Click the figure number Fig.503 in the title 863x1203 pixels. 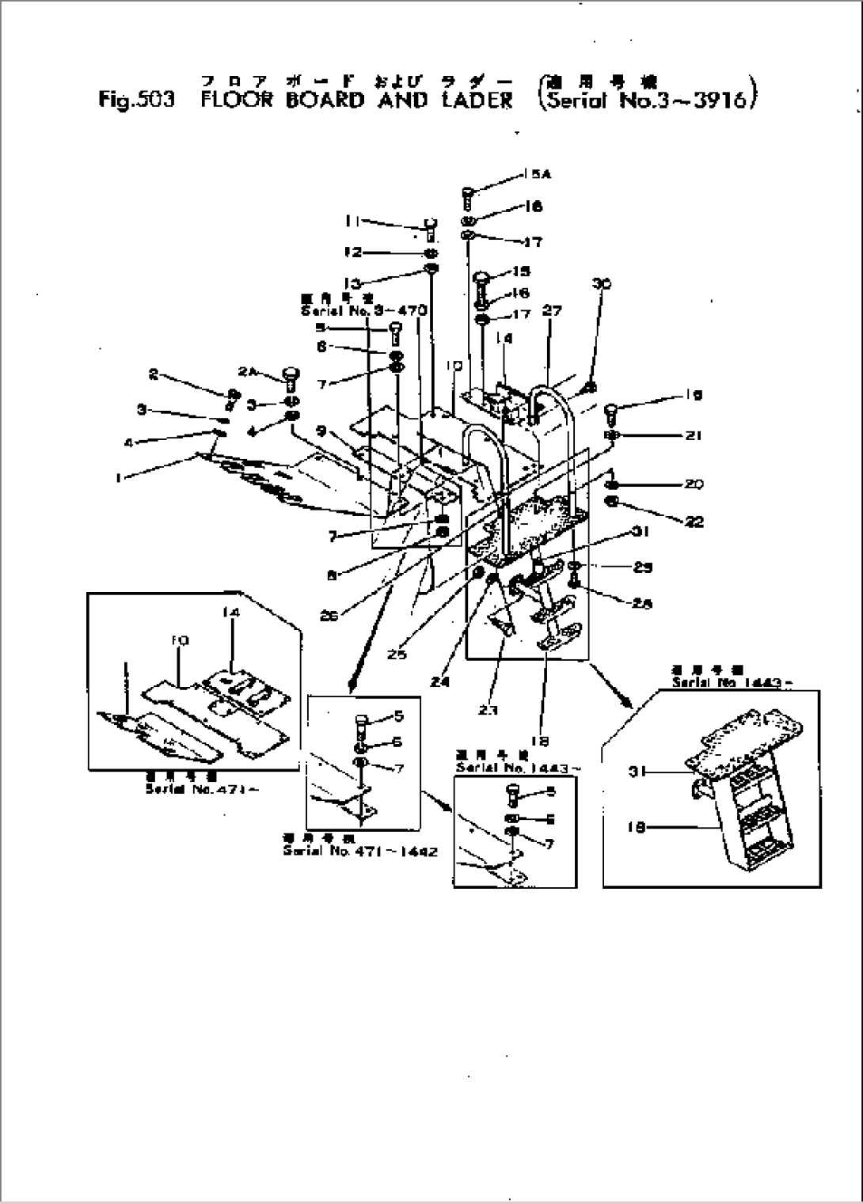point(135,101)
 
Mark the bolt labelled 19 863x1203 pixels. point(610,411)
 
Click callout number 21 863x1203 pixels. point(694,435)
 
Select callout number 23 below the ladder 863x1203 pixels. point(488,710)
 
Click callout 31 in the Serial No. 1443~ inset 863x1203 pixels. point(633,773)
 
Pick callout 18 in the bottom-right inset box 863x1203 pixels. point(633,827)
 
